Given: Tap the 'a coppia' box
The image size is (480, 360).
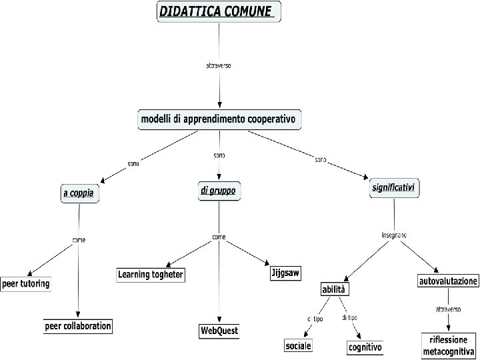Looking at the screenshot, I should pyautogui.click(x=81, y=194).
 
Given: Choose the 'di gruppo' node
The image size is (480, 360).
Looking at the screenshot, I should pyautogui.click(x=218, y=191).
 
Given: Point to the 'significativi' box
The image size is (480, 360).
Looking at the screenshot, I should pyautogui.click(x=394, y=189).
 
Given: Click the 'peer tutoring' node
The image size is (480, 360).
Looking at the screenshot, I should pyautogui.click(x=26, y=284).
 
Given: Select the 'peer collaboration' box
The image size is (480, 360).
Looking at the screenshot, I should pyautogui.click(x=78, y=327).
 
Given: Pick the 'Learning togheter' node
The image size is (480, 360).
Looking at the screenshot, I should pyautogui.click(x=151, y=275).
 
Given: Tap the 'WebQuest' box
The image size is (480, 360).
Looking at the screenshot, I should pyautogui.click(x=219, y=331).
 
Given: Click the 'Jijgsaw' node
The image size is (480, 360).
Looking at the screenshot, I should pyautogui.click(x=286, y=273).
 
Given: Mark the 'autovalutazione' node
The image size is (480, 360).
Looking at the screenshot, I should pyautogui.click(x=448, y=281).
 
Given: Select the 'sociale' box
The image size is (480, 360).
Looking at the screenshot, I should pyautogui.click(x=298, y=346).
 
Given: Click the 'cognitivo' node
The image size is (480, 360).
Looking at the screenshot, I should pyautogui.click(x=365, y=347).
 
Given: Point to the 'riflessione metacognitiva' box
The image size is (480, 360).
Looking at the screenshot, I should pyautogui.click(x=448, y=345).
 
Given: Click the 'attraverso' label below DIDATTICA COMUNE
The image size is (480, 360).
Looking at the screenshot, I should pyautogui.click(x=218, y=65).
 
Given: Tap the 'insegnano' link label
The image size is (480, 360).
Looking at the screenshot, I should pyautogui.click(x=394, y=235).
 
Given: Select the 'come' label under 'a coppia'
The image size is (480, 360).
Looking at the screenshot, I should pyautogui.click(x=79, y=239).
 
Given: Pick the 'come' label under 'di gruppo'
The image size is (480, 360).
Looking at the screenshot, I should pyautogui.click(x=219, y=237).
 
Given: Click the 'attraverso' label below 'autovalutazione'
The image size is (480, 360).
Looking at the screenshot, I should pyautogui.click(x=448, y=309).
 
